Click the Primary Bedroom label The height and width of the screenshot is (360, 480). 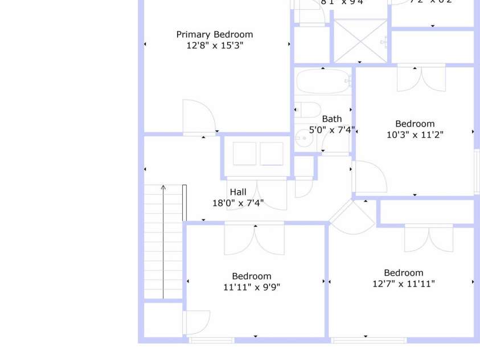coord(214,35)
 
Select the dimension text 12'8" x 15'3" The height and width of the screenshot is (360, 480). coord(214,46)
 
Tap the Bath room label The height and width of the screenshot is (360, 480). coord(332,119)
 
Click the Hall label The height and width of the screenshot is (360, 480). coord(238,192)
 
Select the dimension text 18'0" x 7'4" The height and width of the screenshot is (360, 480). coord(238,203)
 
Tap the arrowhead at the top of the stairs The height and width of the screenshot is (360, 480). coord(163,187)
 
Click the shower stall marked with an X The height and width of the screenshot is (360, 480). coord(360,41)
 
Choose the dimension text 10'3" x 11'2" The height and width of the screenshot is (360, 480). coord(415,135)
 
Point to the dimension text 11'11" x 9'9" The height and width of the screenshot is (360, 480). coord(252,287)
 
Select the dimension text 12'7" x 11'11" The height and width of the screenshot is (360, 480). coord(403,284)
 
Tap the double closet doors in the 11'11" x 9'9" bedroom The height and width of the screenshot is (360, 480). coord(254,239)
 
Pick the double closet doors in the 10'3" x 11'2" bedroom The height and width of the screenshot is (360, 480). coord(421,79)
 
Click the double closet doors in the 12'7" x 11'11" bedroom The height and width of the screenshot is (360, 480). coord(429,239)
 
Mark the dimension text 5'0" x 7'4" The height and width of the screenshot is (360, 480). coord(332,130)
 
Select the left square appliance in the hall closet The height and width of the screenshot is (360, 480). coord(245,154)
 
